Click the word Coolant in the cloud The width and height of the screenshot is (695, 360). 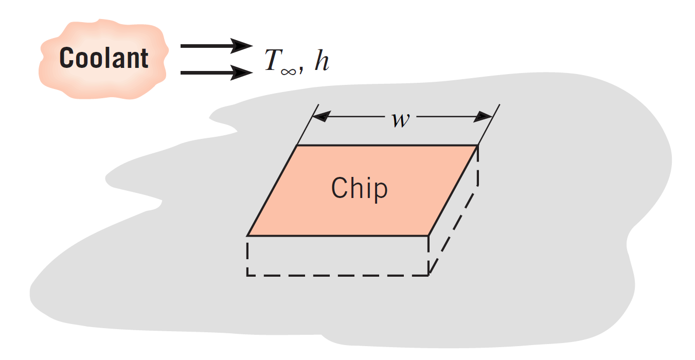(x=104, y=58)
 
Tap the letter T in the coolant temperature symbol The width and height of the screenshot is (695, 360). (x=272, y=60)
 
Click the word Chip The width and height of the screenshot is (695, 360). (x=359, y=188)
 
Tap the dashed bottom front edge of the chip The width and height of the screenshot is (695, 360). (x=337, y=275)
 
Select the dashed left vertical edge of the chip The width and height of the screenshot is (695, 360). (x=247, y=256)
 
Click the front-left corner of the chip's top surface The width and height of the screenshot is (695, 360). (x=248, y=236)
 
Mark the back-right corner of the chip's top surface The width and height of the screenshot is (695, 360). (x=478, y=146)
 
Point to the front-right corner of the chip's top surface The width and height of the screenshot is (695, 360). (x=429, y=236)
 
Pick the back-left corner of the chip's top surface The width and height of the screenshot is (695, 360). (x=297, y=146)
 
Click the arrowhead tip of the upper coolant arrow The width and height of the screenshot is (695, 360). (x=252, y=46)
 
